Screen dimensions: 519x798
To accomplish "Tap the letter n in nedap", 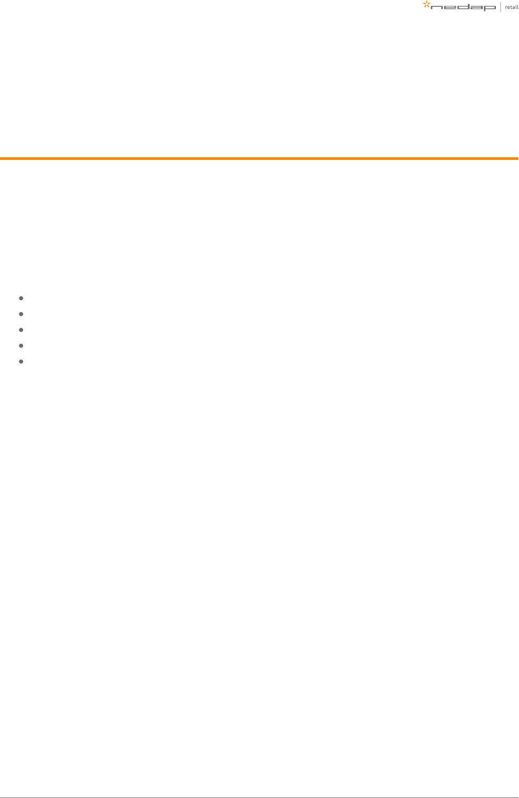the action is click(x=437, y=8).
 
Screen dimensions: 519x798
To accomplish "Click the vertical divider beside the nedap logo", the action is click(x=501, y=7).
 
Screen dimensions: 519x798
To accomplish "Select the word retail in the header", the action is click(x=512, y=7).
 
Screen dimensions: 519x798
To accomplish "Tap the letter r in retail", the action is click(x=506, y=8).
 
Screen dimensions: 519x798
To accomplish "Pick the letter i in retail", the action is click(x=516, y=7).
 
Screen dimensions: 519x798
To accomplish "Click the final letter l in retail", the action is click(x=518, y=7).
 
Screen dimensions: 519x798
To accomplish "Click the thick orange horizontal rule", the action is click(x=259, y=158).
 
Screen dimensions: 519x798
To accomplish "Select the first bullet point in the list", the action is click(x=21, y=298).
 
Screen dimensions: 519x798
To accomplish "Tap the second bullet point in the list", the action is click(x=21, y=314).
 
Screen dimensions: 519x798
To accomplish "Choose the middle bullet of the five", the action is click(x=21, y=330).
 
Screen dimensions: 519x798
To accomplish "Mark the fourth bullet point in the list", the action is click(x=21, y=346).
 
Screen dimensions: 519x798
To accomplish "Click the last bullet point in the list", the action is click(x=21, y=361).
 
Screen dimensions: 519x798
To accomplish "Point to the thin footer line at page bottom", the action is click(x=259, y=797).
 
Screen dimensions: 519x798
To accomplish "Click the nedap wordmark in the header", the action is click(x=463, y=8).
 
